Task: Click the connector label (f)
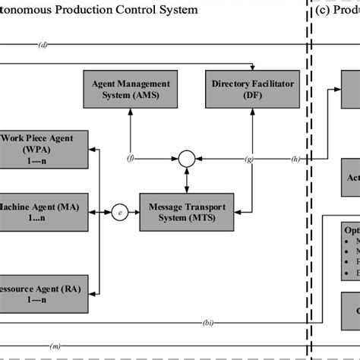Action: coord(131,159)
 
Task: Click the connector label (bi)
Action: coord(207,322)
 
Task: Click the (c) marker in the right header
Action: coord(322,10)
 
